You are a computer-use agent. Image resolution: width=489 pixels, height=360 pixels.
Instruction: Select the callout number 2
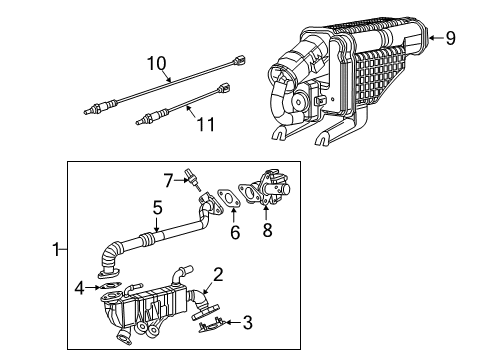tap(218, 274)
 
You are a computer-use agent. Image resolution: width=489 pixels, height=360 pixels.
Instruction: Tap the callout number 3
tap(249, 322)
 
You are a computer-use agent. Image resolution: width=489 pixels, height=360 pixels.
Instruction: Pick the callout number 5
tap(157, 208)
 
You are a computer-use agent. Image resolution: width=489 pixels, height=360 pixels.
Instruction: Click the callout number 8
tap(266, 231)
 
